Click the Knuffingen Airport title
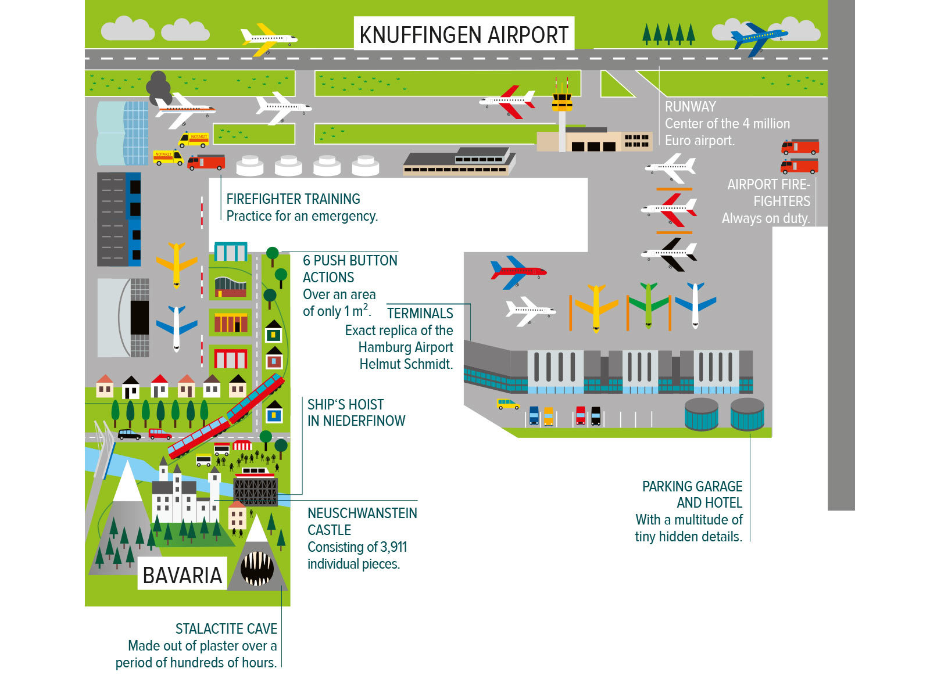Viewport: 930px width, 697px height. pyautogui.click(x=463, y=35)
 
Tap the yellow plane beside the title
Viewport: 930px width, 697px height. pyautogui.click(x=267, y=39)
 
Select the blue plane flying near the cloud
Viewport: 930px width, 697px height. pyautogui.click(x=757, y=38)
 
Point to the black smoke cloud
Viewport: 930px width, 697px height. pyautogui.click(x=158, y=87)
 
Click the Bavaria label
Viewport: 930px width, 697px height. pyautogui.click(x=182, y=575)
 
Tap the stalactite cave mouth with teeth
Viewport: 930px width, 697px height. pyautogui.click(x=256, y=568)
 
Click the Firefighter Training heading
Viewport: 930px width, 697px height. pyautogui.click(x=293, y=199)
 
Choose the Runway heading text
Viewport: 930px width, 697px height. pyautogui.click(x=690, y=106)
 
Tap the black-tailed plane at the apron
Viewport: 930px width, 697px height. pyautogui.click(x=670, y=253)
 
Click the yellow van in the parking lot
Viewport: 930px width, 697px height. pyautogui.click(x=507, y=404)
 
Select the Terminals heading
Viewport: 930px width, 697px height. pyautogui.click(x=420, y=313)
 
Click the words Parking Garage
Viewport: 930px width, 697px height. pyautogui.click(x=692, y=486)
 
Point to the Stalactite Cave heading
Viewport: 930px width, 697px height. pyautogui.click(x=226, y=628)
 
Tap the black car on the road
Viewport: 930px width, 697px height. pyautogui.click(x=129, y=434)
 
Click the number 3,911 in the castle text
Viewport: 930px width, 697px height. pyautogui.click(x=393, y=547)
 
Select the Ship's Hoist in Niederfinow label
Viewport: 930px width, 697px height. pyautogui.click(x=355, y=412)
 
